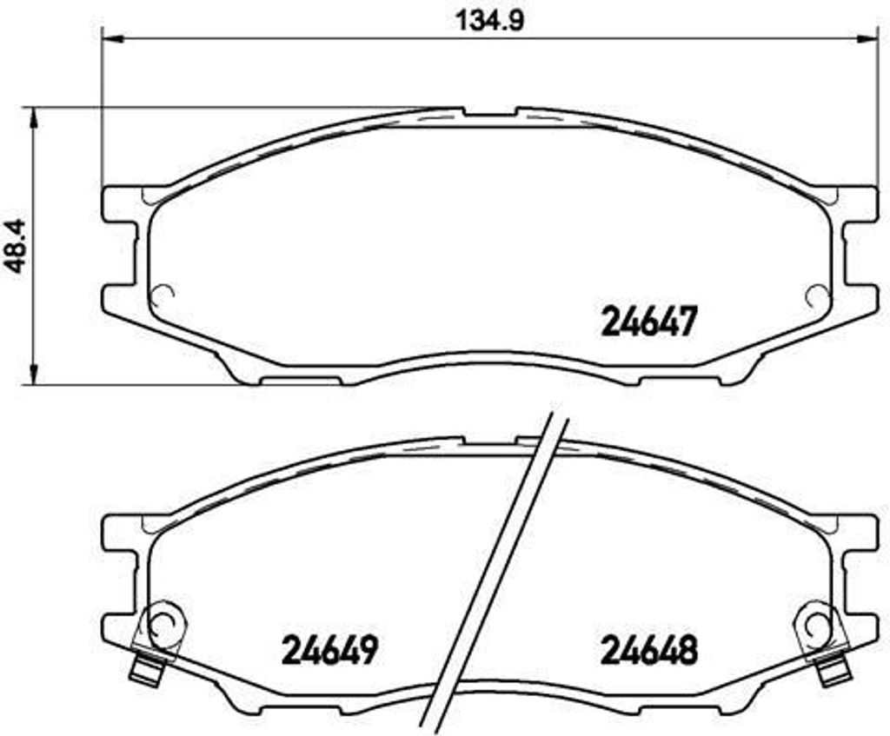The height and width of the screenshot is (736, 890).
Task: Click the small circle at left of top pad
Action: point(163,295)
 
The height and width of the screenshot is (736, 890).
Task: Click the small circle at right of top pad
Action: point(816,295)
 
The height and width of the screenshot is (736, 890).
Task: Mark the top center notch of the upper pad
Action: point(489,113)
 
